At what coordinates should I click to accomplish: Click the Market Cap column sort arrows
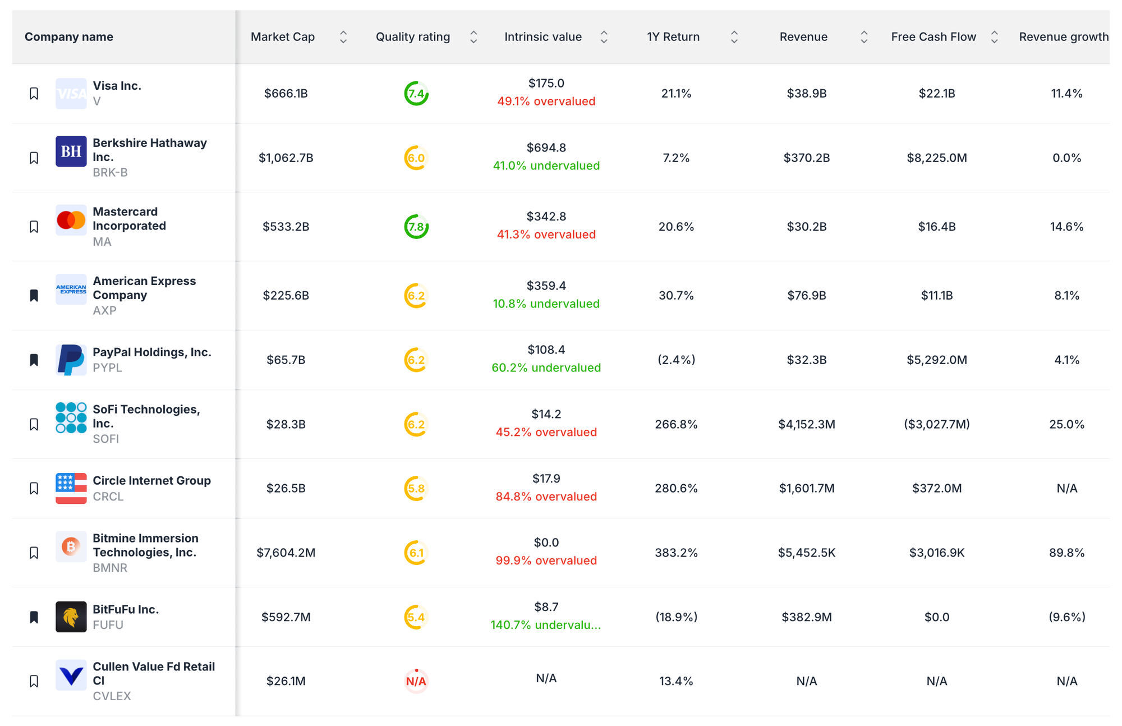343,37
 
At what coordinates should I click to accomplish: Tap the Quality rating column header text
412,37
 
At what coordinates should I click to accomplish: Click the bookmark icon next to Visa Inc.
34,94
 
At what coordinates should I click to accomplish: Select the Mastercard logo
71,220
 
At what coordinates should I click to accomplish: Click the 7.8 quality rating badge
416,227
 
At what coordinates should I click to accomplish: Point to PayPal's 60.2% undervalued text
546,367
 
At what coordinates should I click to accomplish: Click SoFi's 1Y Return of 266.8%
676,424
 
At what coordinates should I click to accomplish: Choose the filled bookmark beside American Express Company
34,296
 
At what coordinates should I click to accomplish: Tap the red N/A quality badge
416,681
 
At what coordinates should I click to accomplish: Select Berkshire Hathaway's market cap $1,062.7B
286,158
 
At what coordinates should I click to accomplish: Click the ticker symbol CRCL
108,497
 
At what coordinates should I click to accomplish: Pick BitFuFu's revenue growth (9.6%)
1066,617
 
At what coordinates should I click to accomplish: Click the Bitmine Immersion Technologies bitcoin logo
71,546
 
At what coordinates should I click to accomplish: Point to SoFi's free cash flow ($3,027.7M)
936,424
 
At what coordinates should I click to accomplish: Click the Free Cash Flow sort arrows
994,37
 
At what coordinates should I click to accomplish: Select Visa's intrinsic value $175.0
546,83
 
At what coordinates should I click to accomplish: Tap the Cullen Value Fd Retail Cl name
154,673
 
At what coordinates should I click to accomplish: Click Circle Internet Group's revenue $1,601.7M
806,488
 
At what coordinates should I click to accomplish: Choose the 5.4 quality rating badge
416,617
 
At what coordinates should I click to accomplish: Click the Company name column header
69,37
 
